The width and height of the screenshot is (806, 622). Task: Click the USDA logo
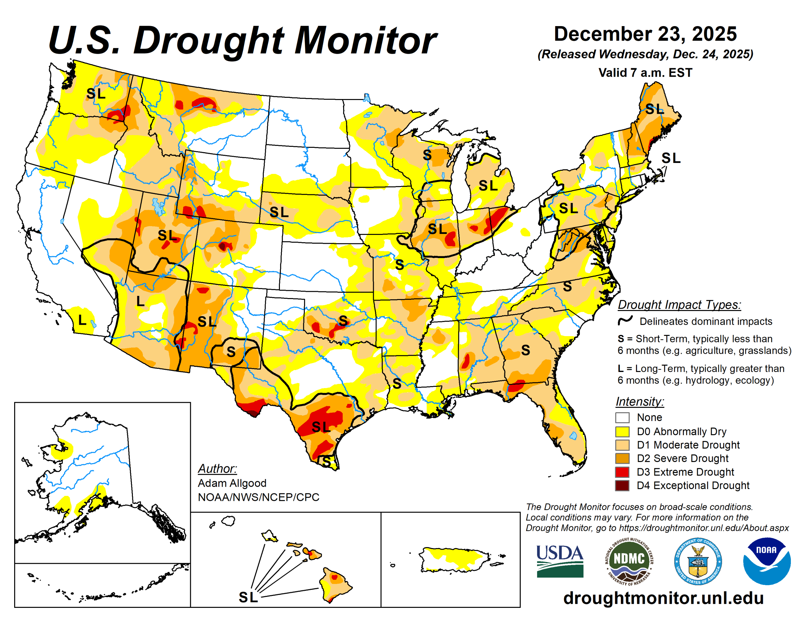pyautogui.click(x=559, y=561)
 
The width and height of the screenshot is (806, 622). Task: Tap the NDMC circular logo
pyautogui.click(x=629, y=561)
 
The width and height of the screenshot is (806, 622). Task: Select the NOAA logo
pyautogui.click(x=767, y=561)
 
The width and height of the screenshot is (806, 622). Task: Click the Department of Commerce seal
pyautogui.click(x=698, y=561)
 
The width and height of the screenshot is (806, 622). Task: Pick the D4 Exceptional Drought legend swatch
pyautogui.click(x=622, y=486)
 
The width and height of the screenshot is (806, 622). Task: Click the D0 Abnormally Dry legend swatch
pyautogui.click(x=622, y=431)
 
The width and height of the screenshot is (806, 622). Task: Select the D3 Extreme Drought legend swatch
pyautogui.click(x=622, y=472)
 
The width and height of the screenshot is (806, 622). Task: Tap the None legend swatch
pyautogui.click(x=622, y=417)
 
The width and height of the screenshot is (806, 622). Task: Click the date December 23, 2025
pyautogui.click(x=645, y=34)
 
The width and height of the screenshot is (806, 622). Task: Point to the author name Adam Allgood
pyautogui.click(x=232, y=483)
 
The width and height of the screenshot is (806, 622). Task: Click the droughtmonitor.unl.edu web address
pyautogui.click(x=663, y=598)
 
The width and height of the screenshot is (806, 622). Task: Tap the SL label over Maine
pyautogui.click(x=654, y=109)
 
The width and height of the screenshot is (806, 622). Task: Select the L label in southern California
pyautogui.click(x=82, y=320)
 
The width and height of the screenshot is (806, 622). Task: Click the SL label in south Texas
pyautogui.click(x=321, y=427)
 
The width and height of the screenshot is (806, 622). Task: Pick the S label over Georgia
pyautogui.click(x=525, y=350)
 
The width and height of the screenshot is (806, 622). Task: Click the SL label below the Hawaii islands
pyautogui.click(x=248, y=597)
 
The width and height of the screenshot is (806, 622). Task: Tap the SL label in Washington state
pyautogui.click(x=96, y=94)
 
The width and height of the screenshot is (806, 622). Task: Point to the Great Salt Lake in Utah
pyautogui.click(x=159, y=207)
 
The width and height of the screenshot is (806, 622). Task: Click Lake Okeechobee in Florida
pyautogui.click(x=573, y=436)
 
